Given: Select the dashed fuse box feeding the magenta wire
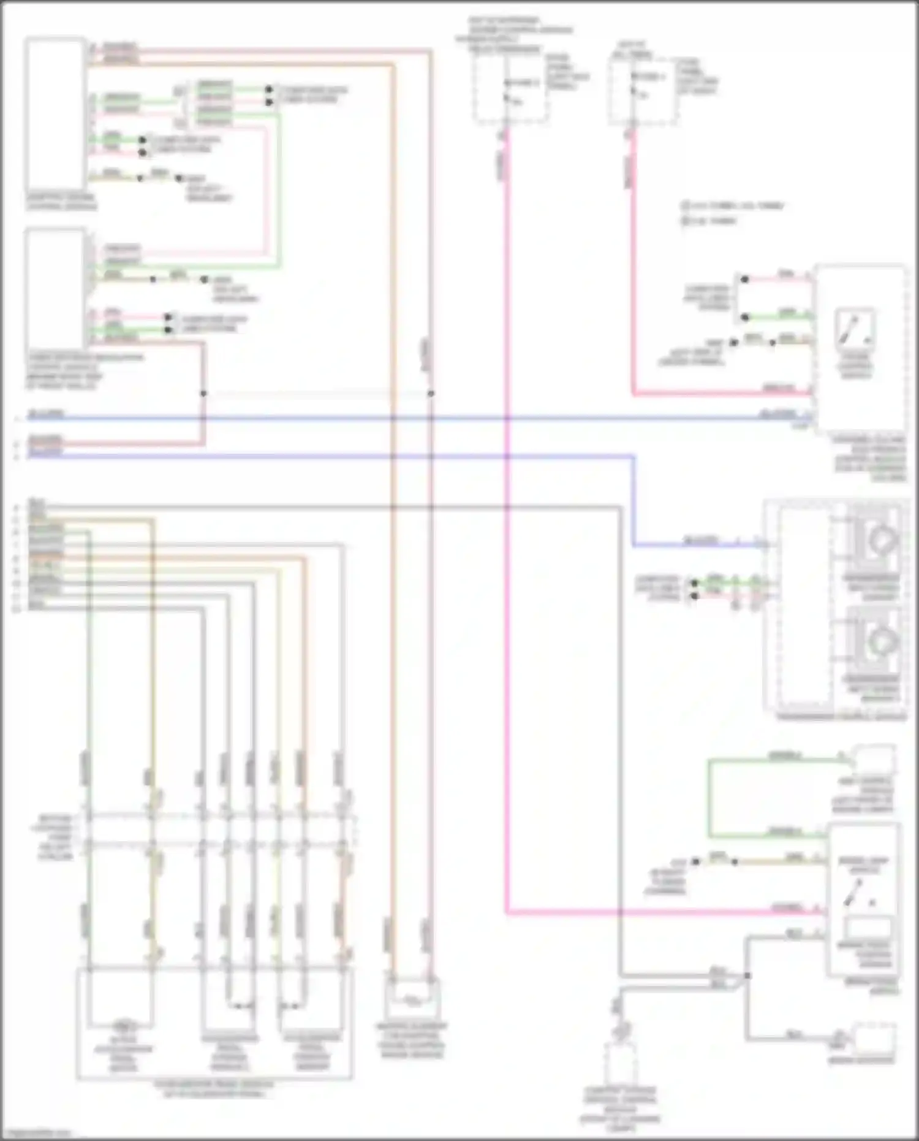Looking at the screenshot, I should (510, 90).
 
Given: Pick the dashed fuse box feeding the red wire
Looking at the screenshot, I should (642, 91).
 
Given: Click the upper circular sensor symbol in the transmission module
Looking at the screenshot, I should (881, 540).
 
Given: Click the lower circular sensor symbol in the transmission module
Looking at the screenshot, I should (881, 640).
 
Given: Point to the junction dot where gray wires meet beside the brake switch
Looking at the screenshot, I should (747, 975).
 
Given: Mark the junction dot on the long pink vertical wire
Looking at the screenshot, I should (431, 394).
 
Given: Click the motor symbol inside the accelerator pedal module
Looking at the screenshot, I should (124, 1025).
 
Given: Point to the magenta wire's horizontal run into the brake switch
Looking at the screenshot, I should (662, 912).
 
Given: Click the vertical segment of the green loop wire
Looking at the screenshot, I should (709, 797).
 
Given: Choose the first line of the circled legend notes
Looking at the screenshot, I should (732, 206).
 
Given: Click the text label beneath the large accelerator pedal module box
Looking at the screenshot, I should (214, 1089).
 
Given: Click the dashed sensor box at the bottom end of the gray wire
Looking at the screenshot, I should (620, 1064).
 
